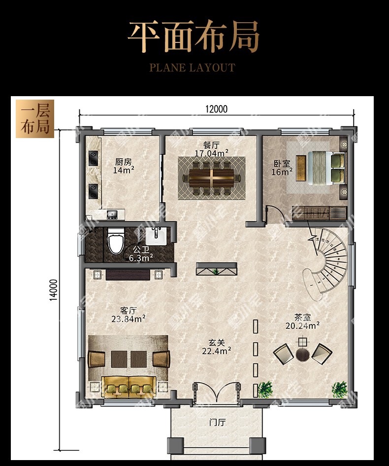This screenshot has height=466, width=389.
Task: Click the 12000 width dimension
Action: click(216, 109)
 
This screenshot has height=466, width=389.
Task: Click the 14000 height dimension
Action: click(53, 290)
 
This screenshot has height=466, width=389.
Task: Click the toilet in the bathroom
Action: click(115, 241)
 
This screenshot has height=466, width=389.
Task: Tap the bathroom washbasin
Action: click(157, 236)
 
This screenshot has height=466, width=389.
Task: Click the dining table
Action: click(212, 178)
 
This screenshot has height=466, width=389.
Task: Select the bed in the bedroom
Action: click(326, 168)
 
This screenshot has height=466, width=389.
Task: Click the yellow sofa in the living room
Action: click(129, 387)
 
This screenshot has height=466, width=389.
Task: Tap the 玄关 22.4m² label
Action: click(216, 347)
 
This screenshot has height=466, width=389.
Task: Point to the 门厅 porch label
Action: click(217, 422)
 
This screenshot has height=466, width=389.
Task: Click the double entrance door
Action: click(216, 393)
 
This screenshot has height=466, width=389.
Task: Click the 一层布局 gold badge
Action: click(35, 119)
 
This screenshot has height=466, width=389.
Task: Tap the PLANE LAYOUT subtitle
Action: click(192, 68)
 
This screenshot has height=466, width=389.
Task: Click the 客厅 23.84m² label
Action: click(129, 315)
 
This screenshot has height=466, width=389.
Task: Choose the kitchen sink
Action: click(112, 214)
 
